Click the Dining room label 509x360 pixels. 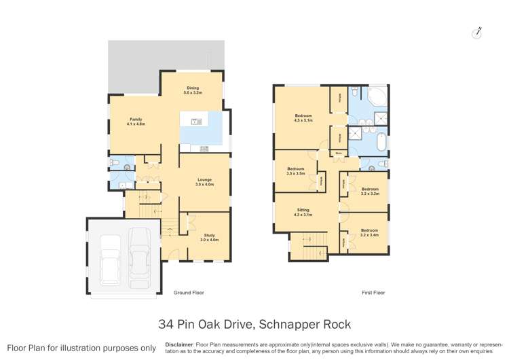193,90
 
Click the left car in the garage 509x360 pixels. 111,259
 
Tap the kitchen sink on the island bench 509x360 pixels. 196,122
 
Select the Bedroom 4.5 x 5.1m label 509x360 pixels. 303,118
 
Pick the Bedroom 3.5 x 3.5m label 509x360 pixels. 295,170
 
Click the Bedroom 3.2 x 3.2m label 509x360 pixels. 369,191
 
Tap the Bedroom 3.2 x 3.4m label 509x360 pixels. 369,232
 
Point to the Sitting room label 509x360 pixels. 303,213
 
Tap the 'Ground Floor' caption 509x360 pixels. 188,293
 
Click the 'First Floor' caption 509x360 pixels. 373,293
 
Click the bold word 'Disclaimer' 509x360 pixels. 179,344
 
